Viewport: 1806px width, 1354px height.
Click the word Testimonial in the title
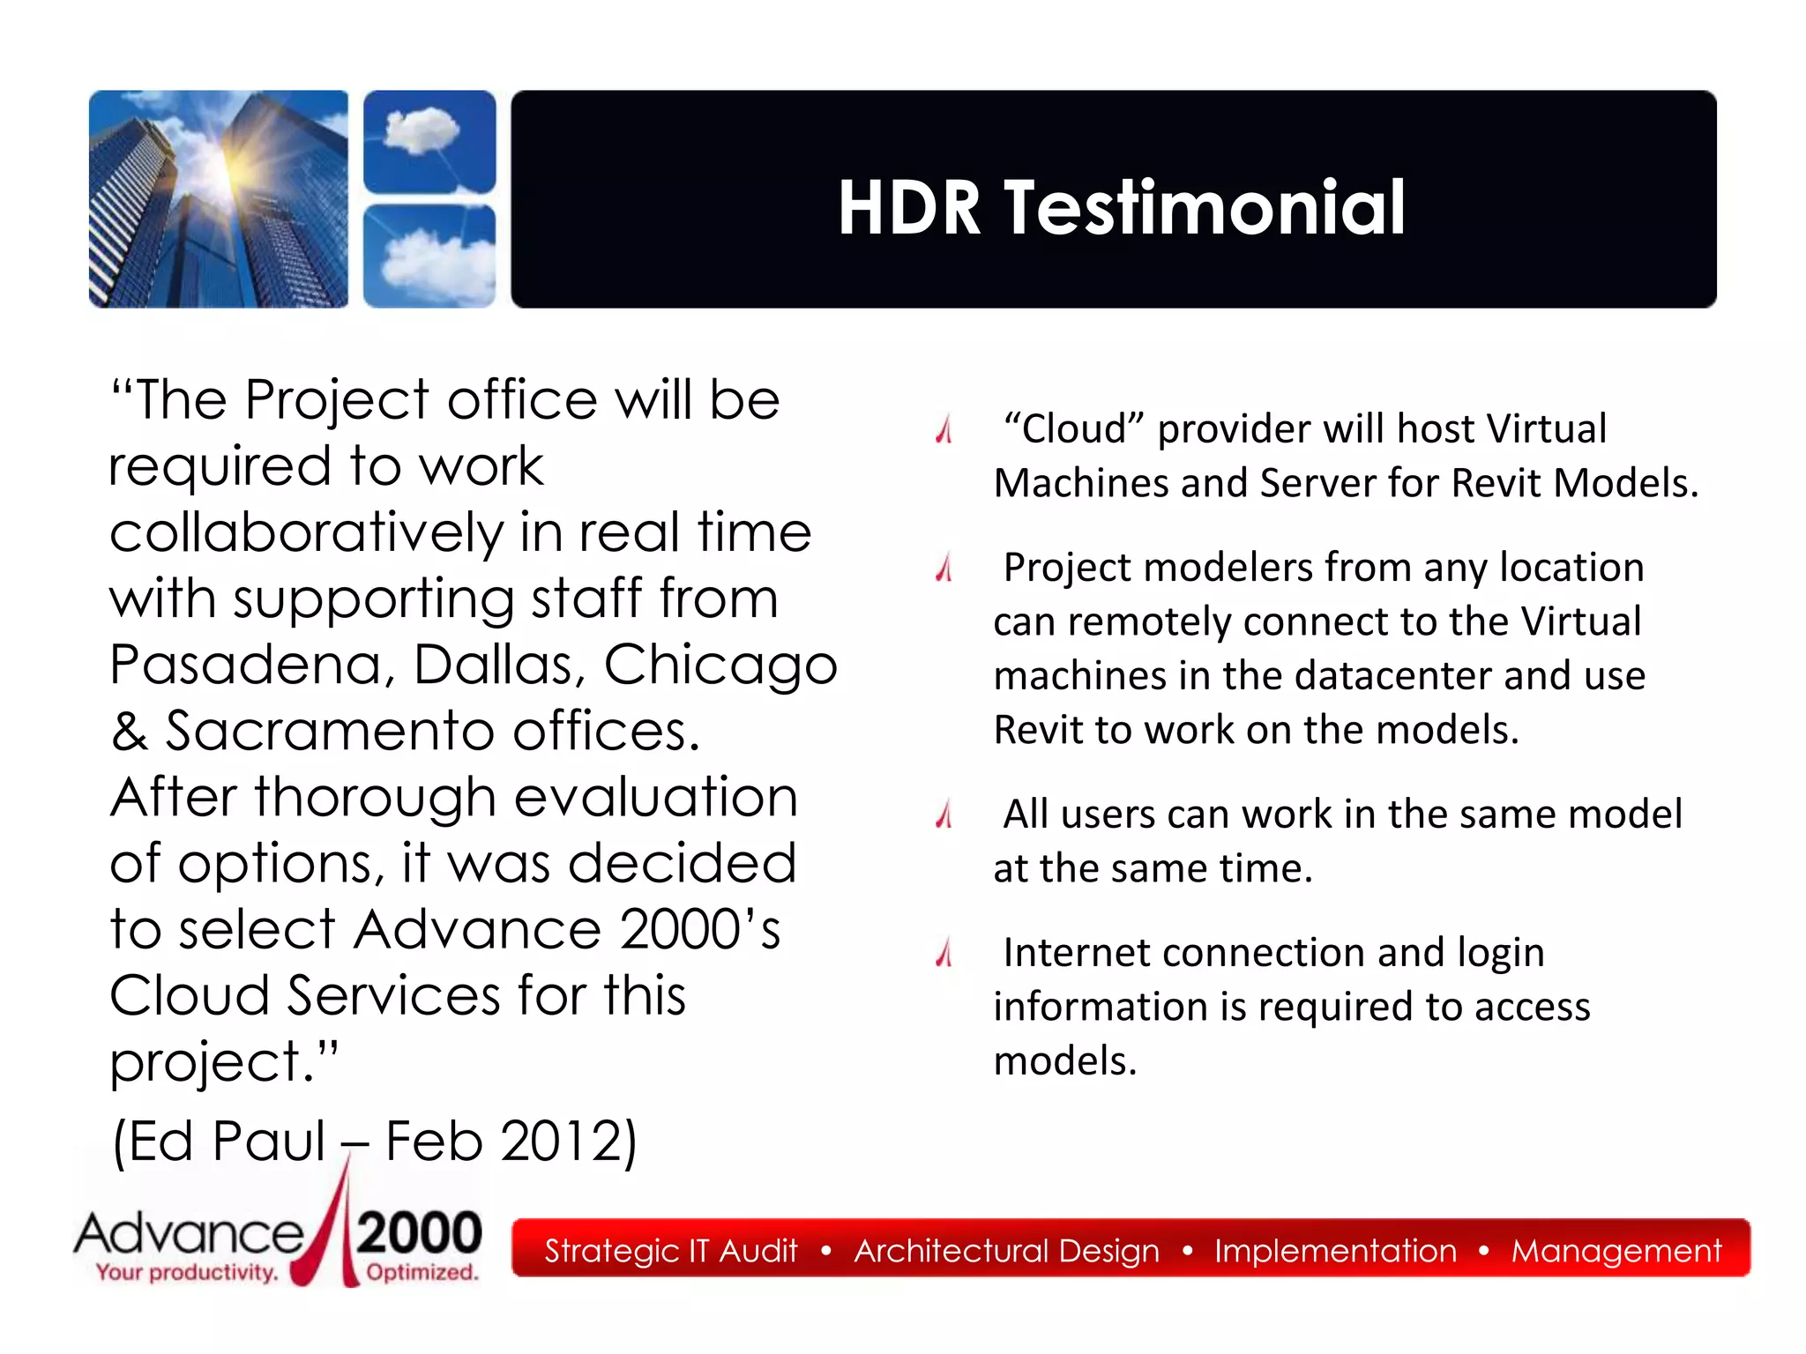coord(1205,208)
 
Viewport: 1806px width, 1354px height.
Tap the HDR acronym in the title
coord(909,208)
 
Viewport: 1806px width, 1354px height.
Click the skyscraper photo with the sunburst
coord(219,199)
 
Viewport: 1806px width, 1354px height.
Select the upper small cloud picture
coord(429,141)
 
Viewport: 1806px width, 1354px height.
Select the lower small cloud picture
coord(429,256)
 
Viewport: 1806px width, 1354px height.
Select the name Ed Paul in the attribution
coord(220,1141)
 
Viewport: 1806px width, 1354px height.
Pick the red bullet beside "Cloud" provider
coord(944,429)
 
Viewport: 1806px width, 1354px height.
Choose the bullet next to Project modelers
coord(944,568)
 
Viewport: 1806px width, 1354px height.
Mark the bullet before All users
coord(944,815)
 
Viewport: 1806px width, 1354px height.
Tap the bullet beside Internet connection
coord(944,953)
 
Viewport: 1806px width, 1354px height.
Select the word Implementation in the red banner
coord(1335,1251)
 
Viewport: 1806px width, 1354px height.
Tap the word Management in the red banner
coord(1616,1251)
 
